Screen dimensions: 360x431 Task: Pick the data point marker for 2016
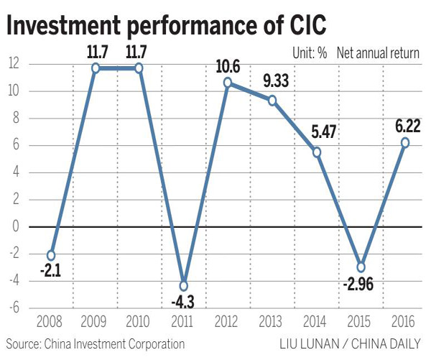click(x=406, y=142)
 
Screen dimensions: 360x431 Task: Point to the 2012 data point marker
click(x=228, y=83)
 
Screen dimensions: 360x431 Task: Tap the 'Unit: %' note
click(x=311, y=52)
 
